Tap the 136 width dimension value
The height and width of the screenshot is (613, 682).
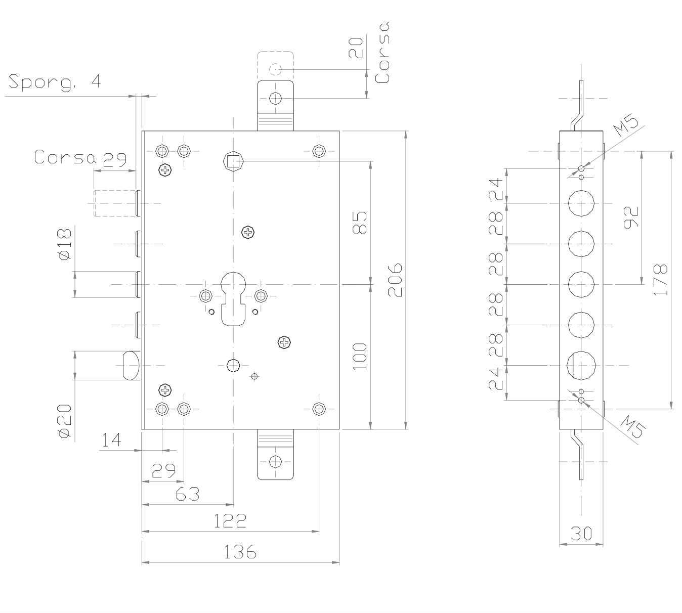(240, 552)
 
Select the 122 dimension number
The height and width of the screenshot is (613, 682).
(230, 521)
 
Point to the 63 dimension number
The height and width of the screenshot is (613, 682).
(187, 494)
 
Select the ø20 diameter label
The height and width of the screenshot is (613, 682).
(64, 420)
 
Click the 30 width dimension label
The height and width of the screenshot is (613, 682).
(581, 534)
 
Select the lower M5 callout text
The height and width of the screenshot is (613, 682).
(632, 428)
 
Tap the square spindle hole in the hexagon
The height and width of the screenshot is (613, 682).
(233, 161)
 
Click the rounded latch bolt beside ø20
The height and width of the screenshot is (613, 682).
(131, 365)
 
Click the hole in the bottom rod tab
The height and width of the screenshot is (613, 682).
(275, 461)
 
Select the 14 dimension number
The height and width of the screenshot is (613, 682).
(111, 440)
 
